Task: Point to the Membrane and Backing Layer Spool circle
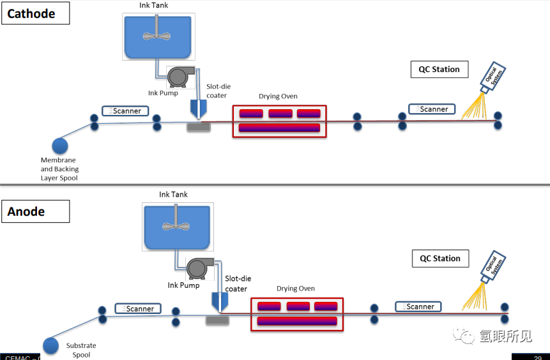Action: click(x=60, y=146)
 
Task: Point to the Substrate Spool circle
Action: click(x=50, y=346)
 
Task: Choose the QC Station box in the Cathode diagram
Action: click(x=439, y=70)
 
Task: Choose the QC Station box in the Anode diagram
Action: click(x=440, y=259)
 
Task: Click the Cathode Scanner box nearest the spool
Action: click(x=125, y=110)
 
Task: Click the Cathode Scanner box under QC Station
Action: click(x=432, y=109)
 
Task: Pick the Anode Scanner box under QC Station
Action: click(x=418, y=306)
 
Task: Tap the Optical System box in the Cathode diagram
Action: click(x=493, y=79)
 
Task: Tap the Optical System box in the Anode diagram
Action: click(x=493, y=269)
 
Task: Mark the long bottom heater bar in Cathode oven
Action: click(x=279, y=128)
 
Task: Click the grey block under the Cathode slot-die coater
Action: click(x=198, y=127)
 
